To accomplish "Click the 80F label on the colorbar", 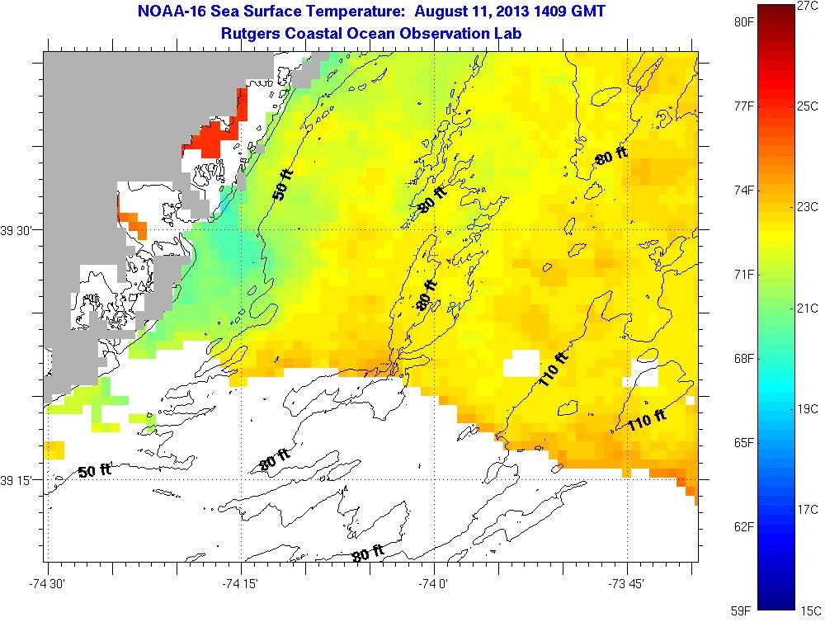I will (x=745, y=22).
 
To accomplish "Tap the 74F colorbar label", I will (x=745, y=191).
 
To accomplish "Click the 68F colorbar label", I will (x=745, y=359).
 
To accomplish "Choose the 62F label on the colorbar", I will (x=745, y=526).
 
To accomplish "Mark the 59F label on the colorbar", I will (x=745, y=610).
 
